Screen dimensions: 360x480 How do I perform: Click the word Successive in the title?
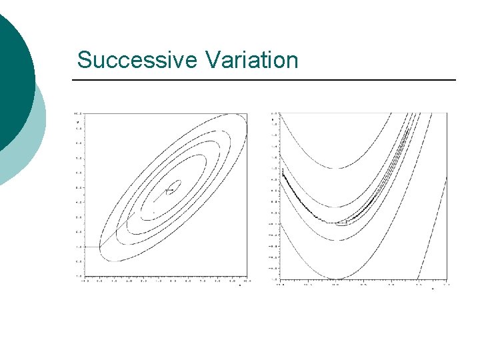(137, 60)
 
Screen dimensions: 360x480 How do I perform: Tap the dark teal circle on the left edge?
(12, 80)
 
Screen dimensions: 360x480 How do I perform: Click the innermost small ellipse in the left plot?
(173, 187)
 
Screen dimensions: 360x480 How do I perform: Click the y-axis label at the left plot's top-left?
(78, 123)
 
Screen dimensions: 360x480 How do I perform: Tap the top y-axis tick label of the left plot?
(77, 113)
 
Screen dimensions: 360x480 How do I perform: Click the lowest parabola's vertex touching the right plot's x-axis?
(337, 278)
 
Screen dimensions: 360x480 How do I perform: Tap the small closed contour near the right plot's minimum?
(341, 223)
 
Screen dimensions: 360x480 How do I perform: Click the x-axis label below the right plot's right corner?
(432, 289)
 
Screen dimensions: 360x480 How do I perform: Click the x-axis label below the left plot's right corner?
(239, 286)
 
